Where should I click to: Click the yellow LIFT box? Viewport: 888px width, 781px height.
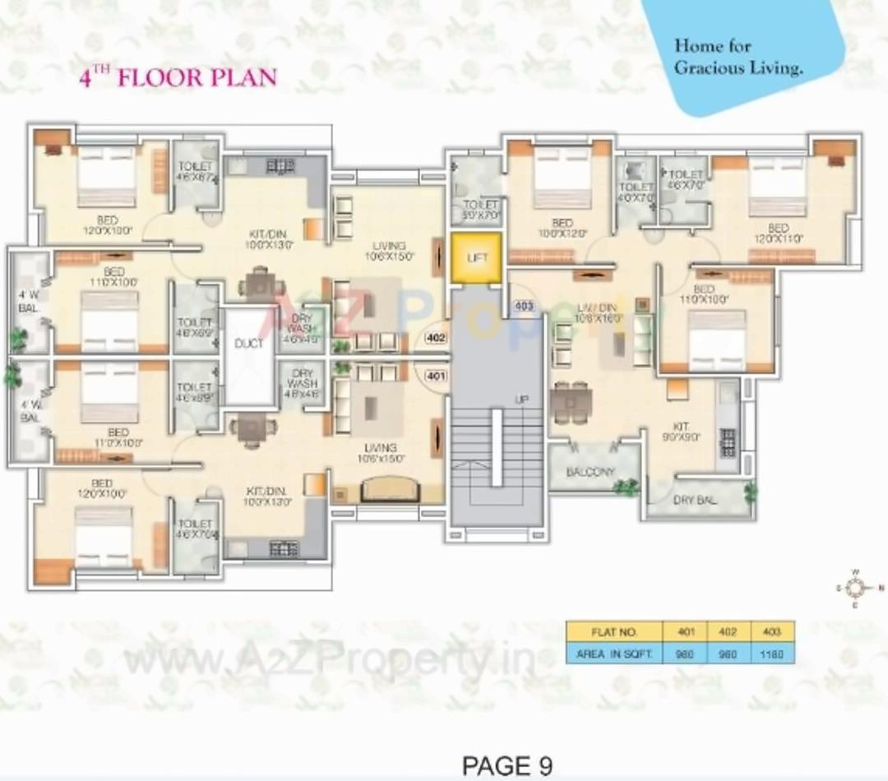pyautogui.click(x=476, y=258)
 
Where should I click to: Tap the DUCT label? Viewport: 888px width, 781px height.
pyautogui.click(x=248, y=344)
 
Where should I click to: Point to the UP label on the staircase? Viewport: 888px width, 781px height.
pyautogui.click(x=520, y=400)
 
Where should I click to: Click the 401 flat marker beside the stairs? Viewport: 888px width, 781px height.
pyautogui.click(x=435, y=377)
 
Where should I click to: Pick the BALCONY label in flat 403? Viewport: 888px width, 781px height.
pyautogui.click(x=590, y=472)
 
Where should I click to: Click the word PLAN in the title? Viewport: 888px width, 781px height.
pyautogui.click(x=242, y=78)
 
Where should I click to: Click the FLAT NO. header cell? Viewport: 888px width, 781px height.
pyautogui.click(x=614, y=632)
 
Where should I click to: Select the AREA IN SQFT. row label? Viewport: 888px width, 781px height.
pyautogui.click(x=614, y=654)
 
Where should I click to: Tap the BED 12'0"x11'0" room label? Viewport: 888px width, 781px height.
pyautogui.click(x=778, y=233)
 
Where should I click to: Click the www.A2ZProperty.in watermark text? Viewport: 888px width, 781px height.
pyautogui.click(x=329, y=658)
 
